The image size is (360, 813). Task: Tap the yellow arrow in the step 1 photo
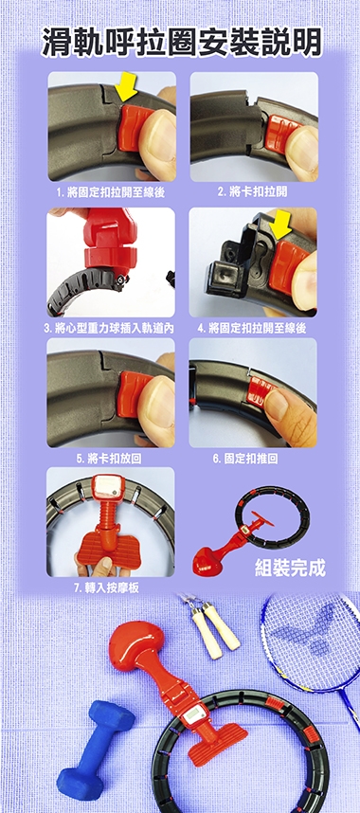tap(126, 86)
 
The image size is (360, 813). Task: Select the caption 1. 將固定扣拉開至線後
tap(111, 193)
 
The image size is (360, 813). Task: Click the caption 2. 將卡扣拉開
tap(252, 192)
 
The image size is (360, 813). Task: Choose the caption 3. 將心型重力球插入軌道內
tap(109, 329)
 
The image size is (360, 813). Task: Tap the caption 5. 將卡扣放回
tap(109, 459)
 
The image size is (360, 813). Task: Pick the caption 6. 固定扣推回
tap(245, 459)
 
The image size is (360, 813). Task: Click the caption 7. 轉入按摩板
tap(106, 588)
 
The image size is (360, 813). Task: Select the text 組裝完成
tap(291, 569)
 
